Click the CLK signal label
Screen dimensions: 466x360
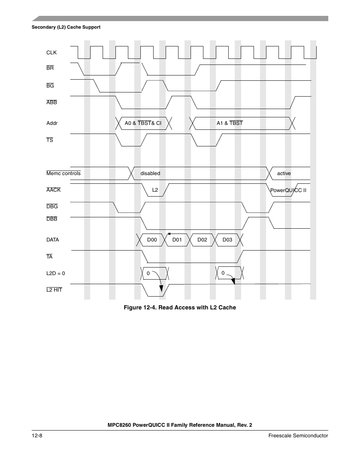(x=51, y=52)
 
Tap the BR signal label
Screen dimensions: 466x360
(x=50, y=68)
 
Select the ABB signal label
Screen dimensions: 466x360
(x=51, y=103)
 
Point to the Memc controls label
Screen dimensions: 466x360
(x=63, y=174)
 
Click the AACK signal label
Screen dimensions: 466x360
(x=53, y=190)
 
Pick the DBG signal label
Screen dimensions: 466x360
(x=52, y=207)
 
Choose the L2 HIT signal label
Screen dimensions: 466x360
(x=54, y=290)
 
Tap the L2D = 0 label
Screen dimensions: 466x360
(x=55, y=273)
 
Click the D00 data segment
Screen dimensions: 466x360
(x=152, y=240)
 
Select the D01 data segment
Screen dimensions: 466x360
(x=177, y=240)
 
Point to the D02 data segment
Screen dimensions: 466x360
(x=202, y=240)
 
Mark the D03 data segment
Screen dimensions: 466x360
(x=227, y=240)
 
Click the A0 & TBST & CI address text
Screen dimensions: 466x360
(x=143, y=123)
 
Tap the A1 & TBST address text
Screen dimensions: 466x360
(x=229, y=123)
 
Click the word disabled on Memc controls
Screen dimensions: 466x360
(x=150, y=174)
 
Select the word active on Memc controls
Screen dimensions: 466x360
(x=284, y=174)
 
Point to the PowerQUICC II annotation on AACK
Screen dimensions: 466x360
(x=288, y=190)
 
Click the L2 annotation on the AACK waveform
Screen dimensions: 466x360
(x=155, y=190)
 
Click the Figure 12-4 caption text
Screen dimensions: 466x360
(x=180, y=308)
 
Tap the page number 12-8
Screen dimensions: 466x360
(x=37, y=435)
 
